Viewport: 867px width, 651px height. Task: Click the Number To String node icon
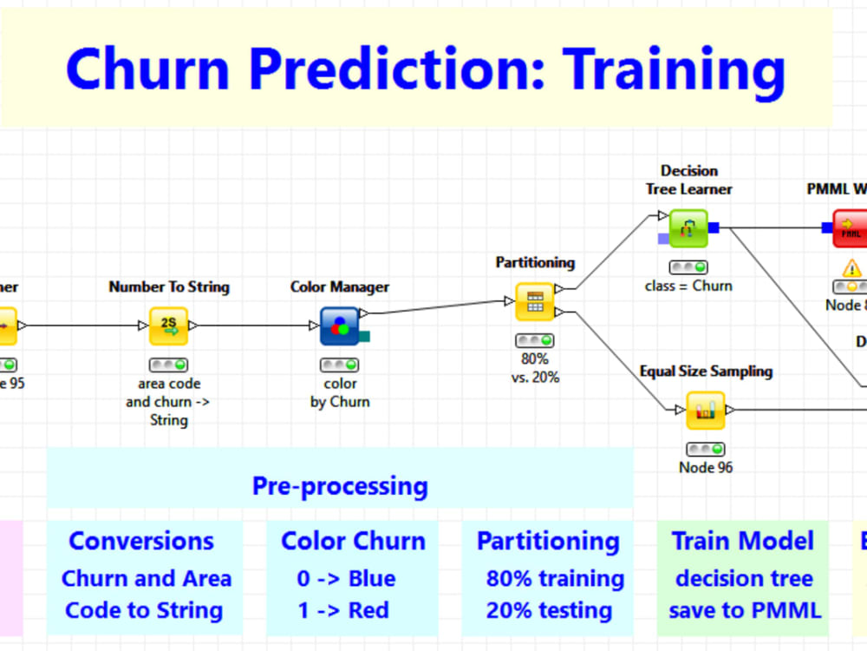168,325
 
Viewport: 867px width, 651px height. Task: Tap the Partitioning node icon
534,301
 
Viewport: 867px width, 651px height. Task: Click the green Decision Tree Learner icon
688,228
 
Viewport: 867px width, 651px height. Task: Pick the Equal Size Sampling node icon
705,410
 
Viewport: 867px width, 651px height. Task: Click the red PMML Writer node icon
851,228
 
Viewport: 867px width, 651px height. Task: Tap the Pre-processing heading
340,485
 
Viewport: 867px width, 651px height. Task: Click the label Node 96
705,468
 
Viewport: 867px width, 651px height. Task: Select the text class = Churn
688,286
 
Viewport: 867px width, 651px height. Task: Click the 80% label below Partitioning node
534,358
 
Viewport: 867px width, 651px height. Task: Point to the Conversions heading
141,541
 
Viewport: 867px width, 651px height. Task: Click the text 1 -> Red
343,610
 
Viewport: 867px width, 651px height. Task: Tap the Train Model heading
743,541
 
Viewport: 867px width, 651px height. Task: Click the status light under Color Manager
339,365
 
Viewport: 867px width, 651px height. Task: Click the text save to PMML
744,610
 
